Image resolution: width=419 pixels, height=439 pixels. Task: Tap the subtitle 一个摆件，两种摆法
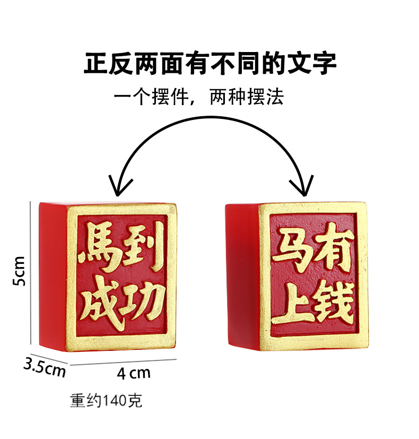(x=199, y=97)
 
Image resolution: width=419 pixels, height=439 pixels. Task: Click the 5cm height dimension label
(x=20, y=271)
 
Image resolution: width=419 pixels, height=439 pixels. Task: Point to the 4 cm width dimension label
(x=133, y=373)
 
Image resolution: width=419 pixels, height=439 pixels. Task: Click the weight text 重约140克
(x=106, y=400)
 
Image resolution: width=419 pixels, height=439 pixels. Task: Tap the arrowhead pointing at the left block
(x=119, y=187)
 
